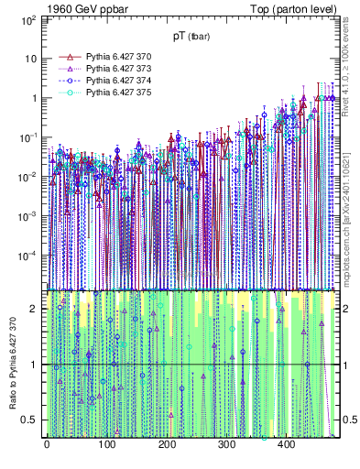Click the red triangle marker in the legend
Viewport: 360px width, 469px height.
[66, 57]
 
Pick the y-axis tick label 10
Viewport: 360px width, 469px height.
[30, 58]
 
